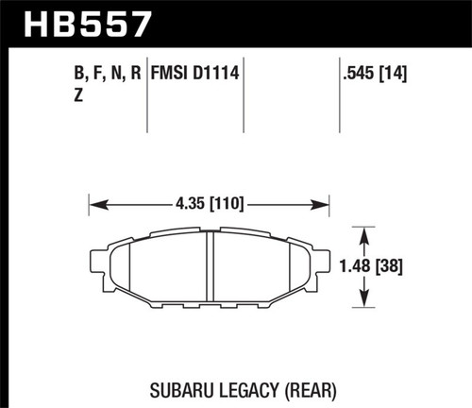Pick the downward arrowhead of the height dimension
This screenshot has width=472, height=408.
[363, 303]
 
